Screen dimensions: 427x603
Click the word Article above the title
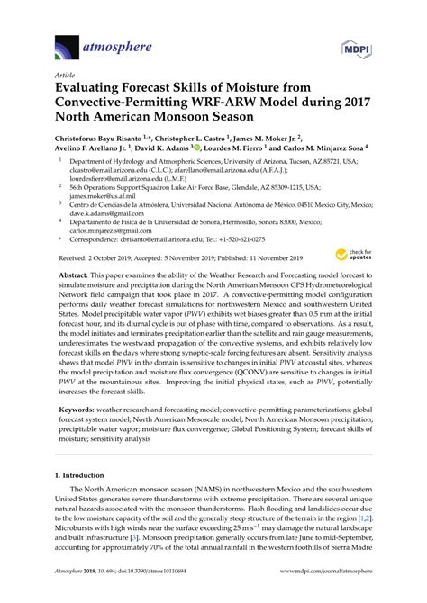pos(66,78)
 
